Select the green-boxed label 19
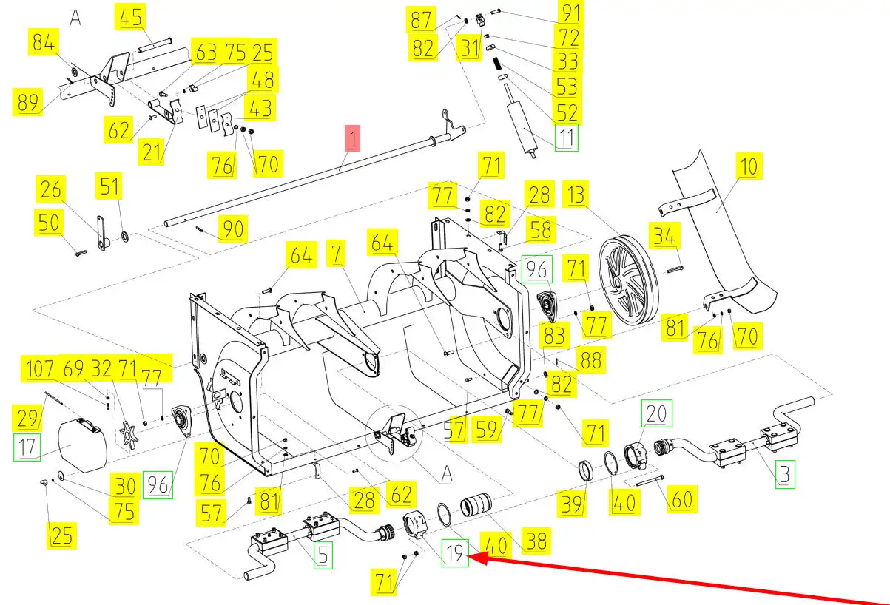456,553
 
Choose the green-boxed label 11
566,138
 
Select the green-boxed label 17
27,447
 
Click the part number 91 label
571,13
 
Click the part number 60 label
681,499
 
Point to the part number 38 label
536,541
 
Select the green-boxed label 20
657,414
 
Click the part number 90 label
232,229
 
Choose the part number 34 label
664,237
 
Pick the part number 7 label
337,257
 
